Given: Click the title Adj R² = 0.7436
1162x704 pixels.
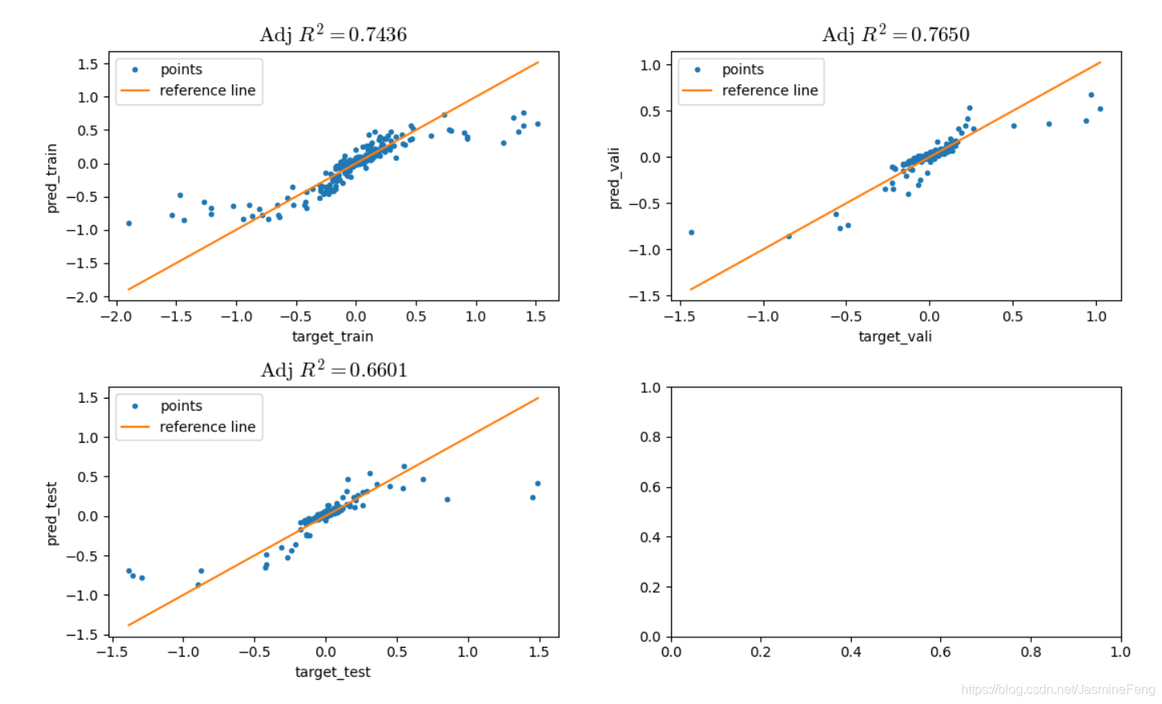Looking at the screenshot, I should tap(333, 35).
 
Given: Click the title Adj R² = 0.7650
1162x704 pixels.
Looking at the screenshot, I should tap(895, 35).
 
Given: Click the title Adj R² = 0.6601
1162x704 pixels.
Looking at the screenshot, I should tap(333, 370).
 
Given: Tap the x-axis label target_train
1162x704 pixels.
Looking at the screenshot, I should tap(333, 337).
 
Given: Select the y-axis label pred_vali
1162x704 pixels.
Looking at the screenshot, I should tap(615, 178).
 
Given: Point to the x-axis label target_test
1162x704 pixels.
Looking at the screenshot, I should tap(333, 672).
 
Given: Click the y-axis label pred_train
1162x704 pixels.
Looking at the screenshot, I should tap(52, 178).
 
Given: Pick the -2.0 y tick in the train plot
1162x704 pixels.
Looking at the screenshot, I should tap(82, 297).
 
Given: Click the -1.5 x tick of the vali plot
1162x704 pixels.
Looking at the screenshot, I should tap(679, 317).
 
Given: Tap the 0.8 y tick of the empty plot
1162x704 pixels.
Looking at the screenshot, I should tap(650, 437).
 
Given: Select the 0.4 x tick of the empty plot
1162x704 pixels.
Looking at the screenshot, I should tap(851, 652).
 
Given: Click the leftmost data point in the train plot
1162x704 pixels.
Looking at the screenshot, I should tap(129, 223).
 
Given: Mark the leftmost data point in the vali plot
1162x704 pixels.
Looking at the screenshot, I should tap(691, 232).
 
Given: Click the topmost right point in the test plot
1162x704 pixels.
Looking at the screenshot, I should tap(538, 484).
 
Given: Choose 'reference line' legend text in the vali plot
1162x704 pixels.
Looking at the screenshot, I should tap(769, 91).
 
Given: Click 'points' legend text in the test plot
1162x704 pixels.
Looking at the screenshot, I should tap(181, 406).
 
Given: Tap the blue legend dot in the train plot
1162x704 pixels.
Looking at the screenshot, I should tap(135, 70).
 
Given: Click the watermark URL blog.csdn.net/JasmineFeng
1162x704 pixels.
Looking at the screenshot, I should tap(1058, 690).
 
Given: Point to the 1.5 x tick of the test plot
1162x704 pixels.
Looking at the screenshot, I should tap(538, 652).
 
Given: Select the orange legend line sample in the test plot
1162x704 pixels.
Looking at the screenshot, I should tap(135, 427).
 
